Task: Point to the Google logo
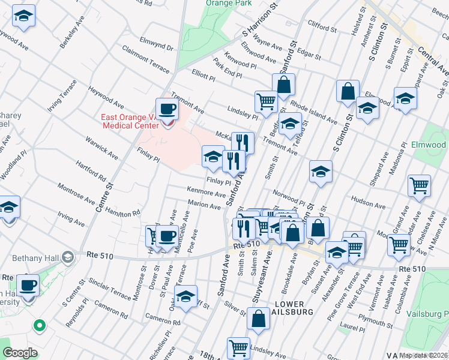(19, 353)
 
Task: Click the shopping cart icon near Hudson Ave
(418, 185)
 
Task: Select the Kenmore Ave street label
(206, 193)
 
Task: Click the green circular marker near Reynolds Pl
(40, 326)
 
